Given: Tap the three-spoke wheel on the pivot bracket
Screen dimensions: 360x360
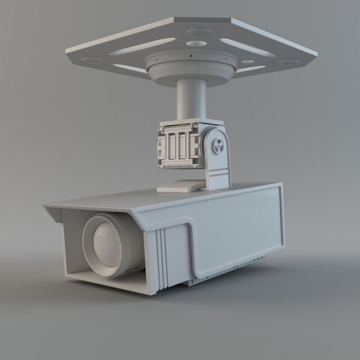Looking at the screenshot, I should click(x=218, y=145).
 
